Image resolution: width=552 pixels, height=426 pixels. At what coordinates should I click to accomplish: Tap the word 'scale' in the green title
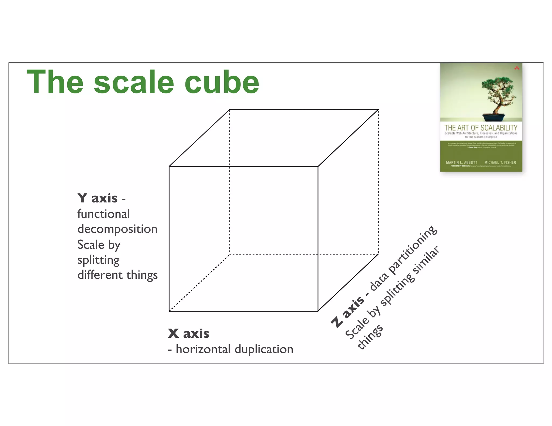coord(134,82)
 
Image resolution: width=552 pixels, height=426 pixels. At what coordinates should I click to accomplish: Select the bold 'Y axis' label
coord(98,198)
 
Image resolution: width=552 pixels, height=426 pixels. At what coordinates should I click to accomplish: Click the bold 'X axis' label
coord(188,333)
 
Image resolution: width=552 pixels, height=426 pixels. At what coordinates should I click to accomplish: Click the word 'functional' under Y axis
coord(103,214)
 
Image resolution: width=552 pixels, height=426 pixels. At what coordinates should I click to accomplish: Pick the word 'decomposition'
coord(117,229)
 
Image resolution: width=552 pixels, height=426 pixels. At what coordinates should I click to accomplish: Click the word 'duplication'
coord(264,349)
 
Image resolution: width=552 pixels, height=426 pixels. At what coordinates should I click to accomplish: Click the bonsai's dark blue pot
coord(493,117)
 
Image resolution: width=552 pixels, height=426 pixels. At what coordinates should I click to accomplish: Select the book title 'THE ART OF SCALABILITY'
coord(481,128)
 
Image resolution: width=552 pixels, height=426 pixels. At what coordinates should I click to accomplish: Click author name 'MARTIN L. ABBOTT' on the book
coord(461,162)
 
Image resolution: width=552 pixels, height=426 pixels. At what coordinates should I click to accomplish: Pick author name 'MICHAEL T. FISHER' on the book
coord(500,162)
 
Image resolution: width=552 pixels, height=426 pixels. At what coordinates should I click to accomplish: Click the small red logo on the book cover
coord(517,68)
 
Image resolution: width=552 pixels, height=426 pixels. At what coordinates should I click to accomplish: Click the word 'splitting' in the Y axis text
coord(98,260)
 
